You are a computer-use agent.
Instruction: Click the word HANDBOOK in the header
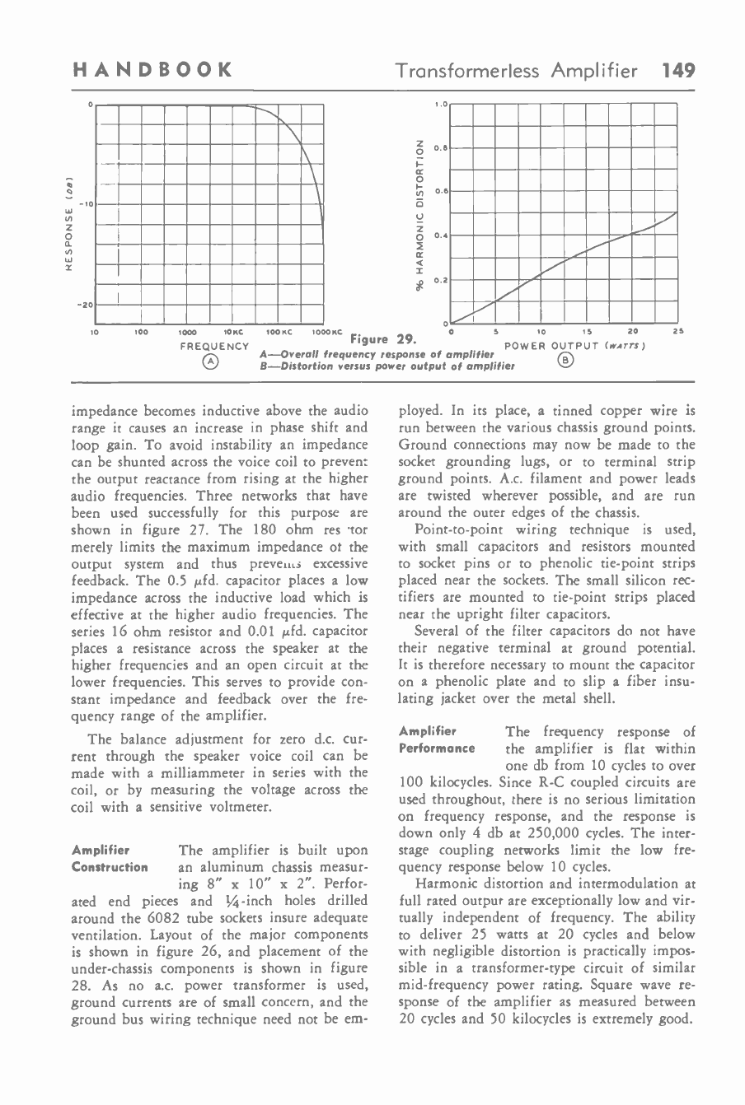point(150,71)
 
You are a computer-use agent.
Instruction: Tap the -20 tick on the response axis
point(82,305)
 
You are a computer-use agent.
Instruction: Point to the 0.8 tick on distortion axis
point(441,148)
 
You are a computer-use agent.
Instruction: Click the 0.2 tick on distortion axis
point(441,279)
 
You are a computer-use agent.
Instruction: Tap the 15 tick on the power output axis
point(586,333)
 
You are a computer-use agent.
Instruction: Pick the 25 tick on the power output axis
point(677,333)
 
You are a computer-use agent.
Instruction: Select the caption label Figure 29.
point(382,338)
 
